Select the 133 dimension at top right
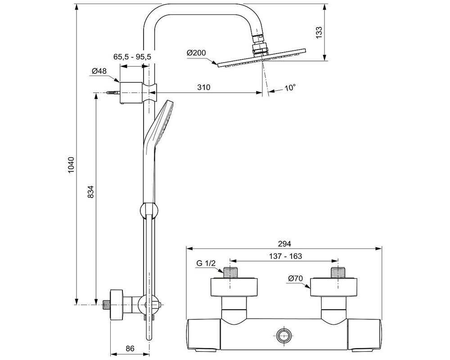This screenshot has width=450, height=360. [319, 32]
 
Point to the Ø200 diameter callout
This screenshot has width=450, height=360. [196, 53]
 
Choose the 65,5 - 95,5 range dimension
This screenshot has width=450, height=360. [132, 57]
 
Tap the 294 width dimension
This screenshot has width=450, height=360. [284, 243]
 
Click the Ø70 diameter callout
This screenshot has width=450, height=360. [295, 279]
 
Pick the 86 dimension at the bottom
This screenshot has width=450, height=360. [130, 348]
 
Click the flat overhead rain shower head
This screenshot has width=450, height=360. [261, 61]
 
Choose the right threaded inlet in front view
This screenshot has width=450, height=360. [337, 273]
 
